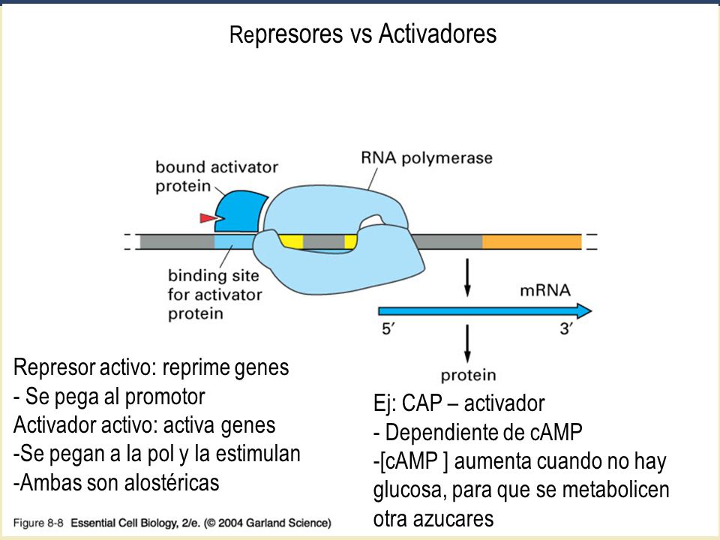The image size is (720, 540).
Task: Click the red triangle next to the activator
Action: [208, 217]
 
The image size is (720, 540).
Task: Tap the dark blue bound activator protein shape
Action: [238, 211]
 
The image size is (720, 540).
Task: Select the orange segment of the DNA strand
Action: [532, 241]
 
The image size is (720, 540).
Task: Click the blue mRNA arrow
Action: [484, 311]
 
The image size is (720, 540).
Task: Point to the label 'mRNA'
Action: [545, 290]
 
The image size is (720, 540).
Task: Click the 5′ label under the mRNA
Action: [388, 328]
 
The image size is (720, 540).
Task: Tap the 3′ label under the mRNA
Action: [566, 328]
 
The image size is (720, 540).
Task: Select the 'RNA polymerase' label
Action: [427, 158]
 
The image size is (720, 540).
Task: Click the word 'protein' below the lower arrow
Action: [468, 375]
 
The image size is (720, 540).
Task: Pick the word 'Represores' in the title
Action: [286, 34]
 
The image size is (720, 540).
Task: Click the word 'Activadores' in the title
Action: [437, 34]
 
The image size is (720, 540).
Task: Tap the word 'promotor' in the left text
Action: [165, 397]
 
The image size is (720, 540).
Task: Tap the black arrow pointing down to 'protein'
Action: [467, 343]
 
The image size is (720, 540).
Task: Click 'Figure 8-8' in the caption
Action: [38, 523]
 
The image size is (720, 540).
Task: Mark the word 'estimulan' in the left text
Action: [258, 454]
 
